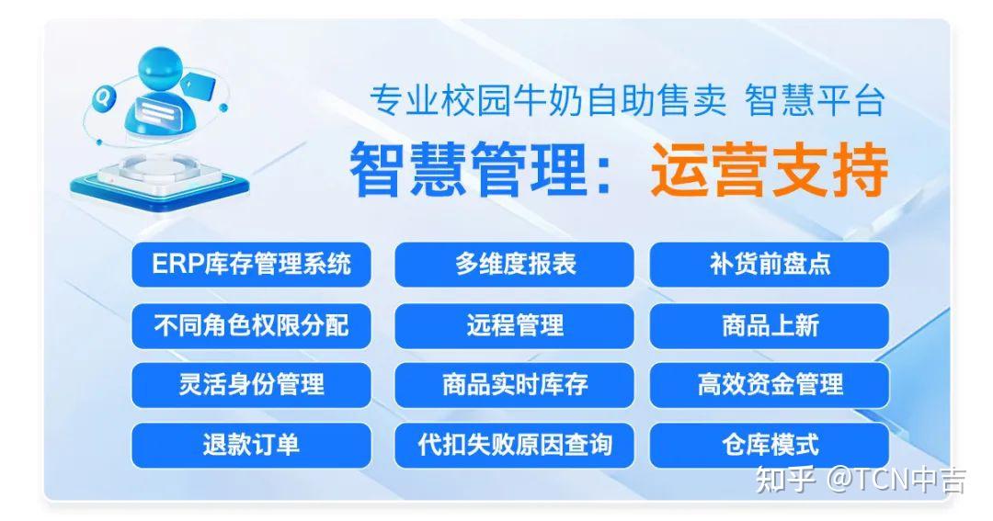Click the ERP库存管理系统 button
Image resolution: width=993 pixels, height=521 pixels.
251,264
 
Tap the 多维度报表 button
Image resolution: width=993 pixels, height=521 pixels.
514,264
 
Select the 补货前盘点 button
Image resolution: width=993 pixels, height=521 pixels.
770,264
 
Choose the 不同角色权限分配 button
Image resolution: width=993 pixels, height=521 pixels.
251,325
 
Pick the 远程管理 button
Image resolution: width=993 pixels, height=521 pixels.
514,325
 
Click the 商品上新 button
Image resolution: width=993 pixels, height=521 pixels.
770,325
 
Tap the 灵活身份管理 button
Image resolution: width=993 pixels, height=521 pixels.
251,385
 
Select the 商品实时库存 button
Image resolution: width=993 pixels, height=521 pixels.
514,385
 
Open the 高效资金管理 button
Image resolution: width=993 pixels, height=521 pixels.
770,385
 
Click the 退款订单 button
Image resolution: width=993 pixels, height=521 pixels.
251,445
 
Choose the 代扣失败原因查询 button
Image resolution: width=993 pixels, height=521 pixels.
514,445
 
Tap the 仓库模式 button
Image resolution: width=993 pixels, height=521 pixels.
770,445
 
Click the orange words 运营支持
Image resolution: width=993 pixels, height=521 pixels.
769,170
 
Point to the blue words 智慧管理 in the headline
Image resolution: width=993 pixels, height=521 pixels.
469,170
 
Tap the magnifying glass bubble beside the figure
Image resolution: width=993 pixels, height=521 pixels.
102,98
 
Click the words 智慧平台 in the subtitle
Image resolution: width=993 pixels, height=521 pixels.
815,101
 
